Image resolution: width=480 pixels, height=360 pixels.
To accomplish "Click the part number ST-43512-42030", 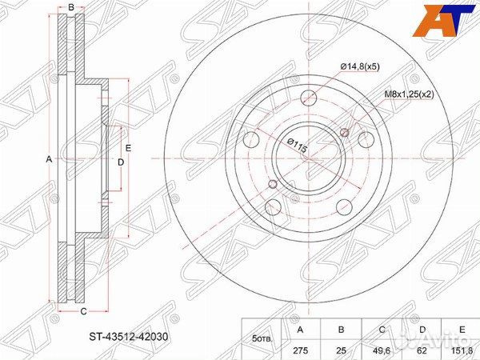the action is click(x=129, y=337).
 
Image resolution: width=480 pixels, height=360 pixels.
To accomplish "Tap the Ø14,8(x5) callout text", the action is click(x=360, y=66).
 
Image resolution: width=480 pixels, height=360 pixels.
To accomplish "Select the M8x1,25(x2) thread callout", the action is click(x=410, y=94).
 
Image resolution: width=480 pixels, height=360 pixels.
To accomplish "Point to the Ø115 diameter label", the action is click(x=297, y=145).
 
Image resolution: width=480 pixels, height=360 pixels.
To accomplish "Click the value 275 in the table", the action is click(x=301, y=350).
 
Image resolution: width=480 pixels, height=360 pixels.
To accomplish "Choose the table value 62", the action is click(x=422, y=350).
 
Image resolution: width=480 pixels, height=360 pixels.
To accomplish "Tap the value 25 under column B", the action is click(x=341, y=350).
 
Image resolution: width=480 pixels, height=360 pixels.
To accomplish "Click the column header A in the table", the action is click(x=301, y=330).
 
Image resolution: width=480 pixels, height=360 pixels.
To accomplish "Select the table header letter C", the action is click(x=382, y=330).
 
